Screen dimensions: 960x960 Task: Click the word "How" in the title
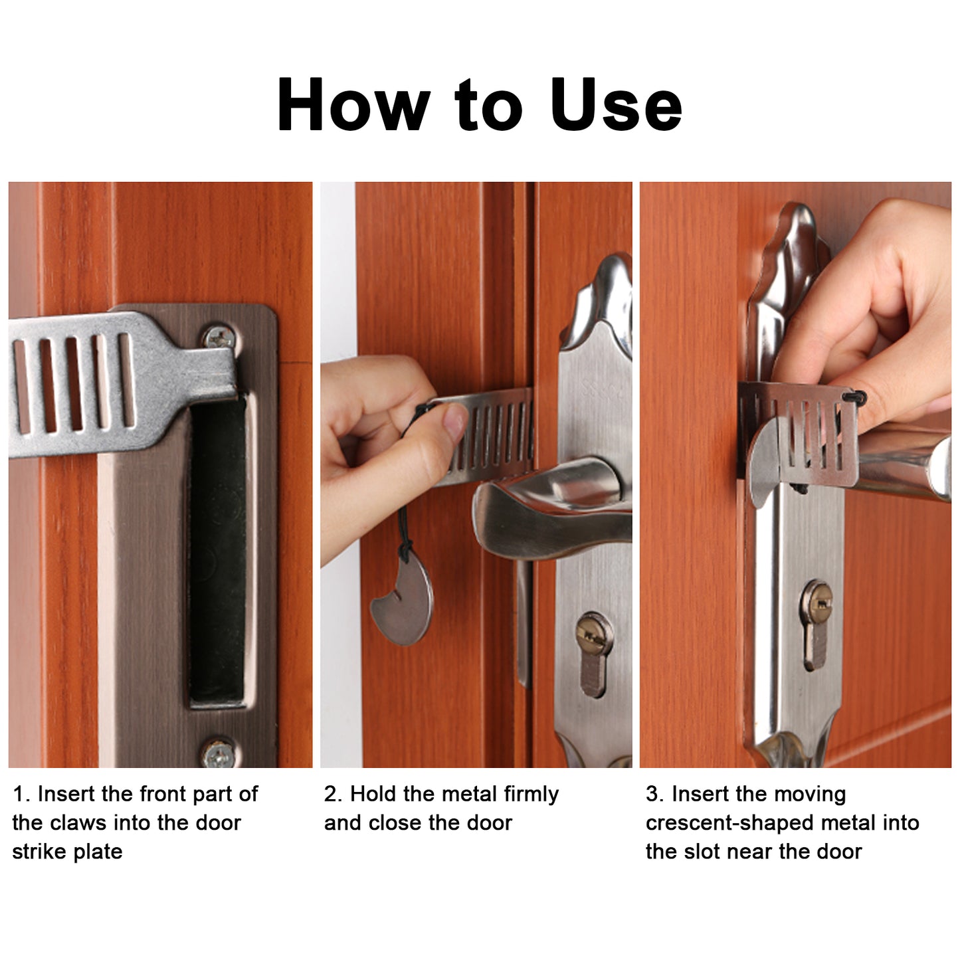click(353, 104)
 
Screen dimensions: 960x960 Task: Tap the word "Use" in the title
click(617, 104)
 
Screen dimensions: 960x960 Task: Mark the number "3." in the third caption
click(656, 794)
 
